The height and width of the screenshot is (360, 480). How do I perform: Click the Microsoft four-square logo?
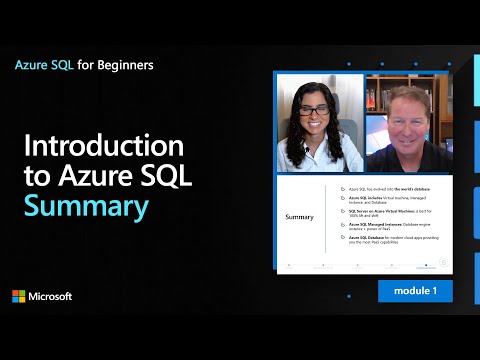pos(18,296)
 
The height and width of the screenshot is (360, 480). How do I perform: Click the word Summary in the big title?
pos(87,207)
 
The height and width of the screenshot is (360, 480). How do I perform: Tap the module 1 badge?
pos(415,291)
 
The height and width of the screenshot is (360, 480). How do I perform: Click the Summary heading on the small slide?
pos(299,217)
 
